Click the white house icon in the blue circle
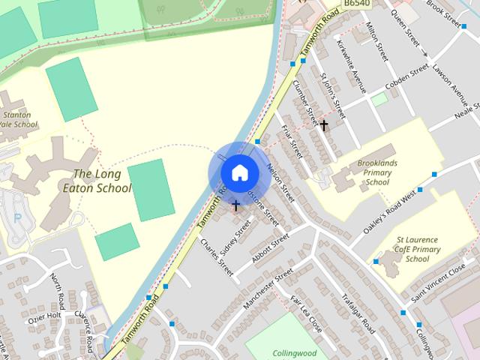click(x=239, y=172)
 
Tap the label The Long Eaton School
click(x=103, y=181)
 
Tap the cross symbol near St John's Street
click(x=324, y=125)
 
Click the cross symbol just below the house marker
click(x=236, y=205)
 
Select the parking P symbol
click(x=16, y=218)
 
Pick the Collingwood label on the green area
click(x=295, y=353)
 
